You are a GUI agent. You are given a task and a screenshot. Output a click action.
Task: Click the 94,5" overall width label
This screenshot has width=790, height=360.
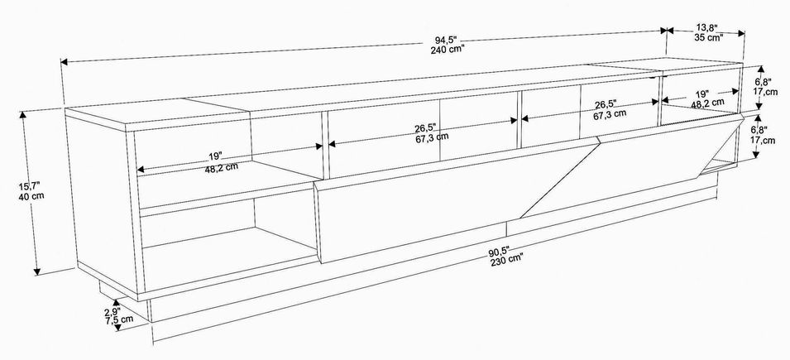[447, 41]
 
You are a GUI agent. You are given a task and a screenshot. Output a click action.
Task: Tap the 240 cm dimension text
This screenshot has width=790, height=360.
[448, 50]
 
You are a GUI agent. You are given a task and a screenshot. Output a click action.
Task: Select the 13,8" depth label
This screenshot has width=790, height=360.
[707, 28]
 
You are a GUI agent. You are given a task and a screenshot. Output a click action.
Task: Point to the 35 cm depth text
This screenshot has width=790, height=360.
[708, 36]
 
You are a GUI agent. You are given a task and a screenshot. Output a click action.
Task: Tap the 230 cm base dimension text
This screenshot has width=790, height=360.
[506, 259]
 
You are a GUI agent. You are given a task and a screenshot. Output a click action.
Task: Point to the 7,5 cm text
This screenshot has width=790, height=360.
[119, 319]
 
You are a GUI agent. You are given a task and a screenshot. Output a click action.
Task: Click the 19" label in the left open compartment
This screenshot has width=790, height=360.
[213, 156]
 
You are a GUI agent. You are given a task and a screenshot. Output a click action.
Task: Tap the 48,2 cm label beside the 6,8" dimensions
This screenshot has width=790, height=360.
[708, 103]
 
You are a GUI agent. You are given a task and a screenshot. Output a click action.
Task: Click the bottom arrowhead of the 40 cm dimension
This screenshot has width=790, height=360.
[36, 271]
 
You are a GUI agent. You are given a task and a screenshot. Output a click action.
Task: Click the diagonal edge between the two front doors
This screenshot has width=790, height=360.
[559, 180]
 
